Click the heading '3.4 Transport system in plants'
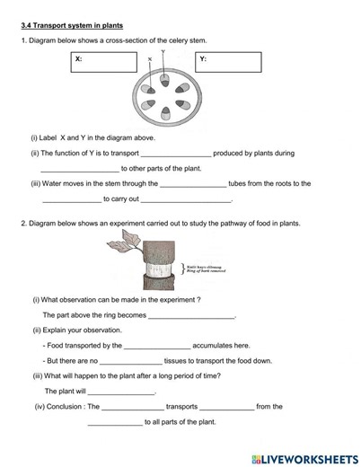72,25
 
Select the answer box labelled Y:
229,63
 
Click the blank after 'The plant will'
121,392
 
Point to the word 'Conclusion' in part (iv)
66,407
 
